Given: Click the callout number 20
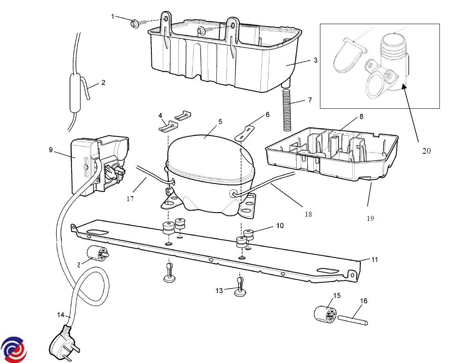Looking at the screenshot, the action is point(426,151).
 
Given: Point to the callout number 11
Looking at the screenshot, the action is point(374,260).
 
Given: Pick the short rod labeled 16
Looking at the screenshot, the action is point(353,320).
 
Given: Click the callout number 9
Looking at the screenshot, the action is point(51,150).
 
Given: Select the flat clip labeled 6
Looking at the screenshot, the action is point(244,133).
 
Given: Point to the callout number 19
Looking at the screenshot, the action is point(370,218).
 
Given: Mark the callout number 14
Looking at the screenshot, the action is point(61,315).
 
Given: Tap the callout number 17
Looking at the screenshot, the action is point(130,199).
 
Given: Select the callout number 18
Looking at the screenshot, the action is point(308,214).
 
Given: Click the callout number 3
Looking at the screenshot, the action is point(315,60).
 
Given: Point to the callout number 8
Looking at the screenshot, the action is point(361,117).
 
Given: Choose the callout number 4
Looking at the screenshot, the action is point(160,115).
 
